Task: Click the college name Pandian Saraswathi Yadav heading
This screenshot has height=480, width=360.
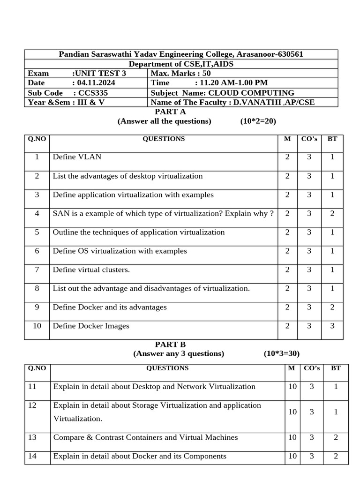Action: pyautogui.click(x=180, y=54)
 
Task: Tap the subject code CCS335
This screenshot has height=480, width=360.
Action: pyautogui.click(x=94, y=93)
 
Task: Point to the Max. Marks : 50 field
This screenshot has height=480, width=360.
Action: pyautogui.click(x=181, y=74)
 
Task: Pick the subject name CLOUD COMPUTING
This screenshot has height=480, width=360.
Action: pyautogui.click(x=251, y=93)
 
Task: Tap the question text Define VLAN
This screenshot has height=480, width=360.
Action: pyautogui.click(x=77, y=157)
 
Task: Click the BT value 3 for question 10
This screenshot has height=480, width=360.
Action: pyautogui.click(x=332, y=326)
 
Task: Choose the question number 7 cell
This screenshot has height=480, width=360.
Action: pyautogui.click(x=37, y=270)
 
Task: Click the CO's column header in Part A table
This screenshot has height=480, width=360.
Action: pyautogui.click(x=309, y=139)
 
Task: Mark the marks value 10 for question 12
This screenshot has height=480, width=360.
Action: pyautogui.click(x=292, y=412)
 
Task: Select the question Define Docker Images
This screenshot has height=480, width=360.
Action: pyautogui.click(x=91, y=326)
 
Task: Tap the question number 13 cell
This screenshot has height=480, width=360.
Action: pyautogui.click(x=32, y=437)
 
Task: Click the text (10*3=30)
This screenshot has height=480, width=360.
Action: pyautogui.click(x=281, y=353)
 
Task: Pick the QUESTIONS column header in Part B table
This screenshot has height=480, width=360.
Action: pyautogui.click(x=167, y=368)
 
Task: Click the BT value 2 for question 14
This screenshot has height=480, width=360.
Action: pyautogui.click(x=336, y=456)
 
